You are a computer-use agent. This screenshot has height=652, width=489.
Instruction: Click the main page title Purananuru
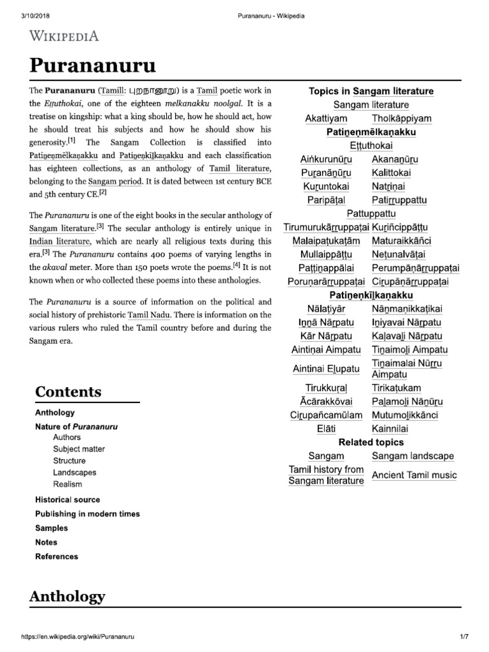click(x=92, y=66)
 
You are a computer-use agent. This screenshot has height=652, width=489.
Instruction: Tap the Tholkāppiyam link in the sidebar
click(x=401, y=118)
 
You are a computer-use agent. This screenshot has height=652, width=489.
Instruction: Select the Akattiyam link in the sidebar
click(x=326, y=118)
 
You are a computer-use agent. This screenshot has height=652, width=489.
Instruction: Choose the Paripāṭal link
click(x=326, y=200)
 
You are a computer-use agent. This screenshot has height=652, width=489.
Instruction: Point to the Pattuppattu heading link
click(x=371, y=214)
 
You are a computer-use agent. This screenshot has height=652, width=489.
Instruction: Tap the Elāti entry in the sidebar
click(x=326, y=429)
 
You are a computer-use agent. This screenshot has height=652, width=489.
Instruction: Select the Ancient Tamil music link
click(x=414, y=475)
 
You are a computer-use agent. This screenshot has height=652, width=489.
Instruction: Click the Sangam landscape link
click(x=413, y=456)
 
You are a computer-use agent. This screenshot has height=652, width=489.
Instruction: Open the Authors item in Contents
click(x=67, y=437)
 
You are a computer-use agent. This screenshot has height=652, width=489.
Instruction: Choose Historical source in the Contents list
click(x=67, y=500)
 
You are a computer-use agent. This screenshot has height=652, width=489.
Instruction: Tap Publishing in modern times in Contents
click(x=87, y=514)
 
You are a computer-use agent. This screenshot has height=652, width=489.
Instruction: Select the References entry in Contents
click(x=57, y=556)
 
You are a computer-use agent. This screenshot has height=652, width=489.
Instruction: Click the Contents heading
click(x=68, y=391)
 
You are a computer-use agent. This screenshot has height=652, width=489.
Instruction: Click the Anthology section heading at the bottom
click(x=67, y=597)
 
